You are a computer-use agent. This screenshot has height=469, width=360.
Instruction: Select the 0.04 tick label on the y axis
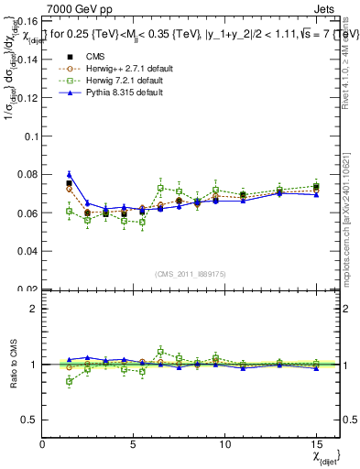tap(27, 251)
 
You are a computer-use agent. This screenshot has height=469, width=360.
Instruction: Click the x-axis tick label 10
tap(224, 444)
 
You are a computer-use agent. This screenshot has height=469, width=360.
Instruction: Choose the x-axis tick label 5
tap(134, 444)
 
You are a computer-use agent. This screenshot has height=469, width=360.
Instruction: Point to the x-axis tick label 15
tap(315, 444)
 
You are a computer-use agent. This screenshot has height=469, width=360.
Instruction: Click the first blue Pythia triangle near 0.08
tap(69, 174)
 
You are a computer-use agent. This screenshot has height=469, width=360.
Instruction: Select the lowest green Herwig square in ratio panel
tap(69, 381)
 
